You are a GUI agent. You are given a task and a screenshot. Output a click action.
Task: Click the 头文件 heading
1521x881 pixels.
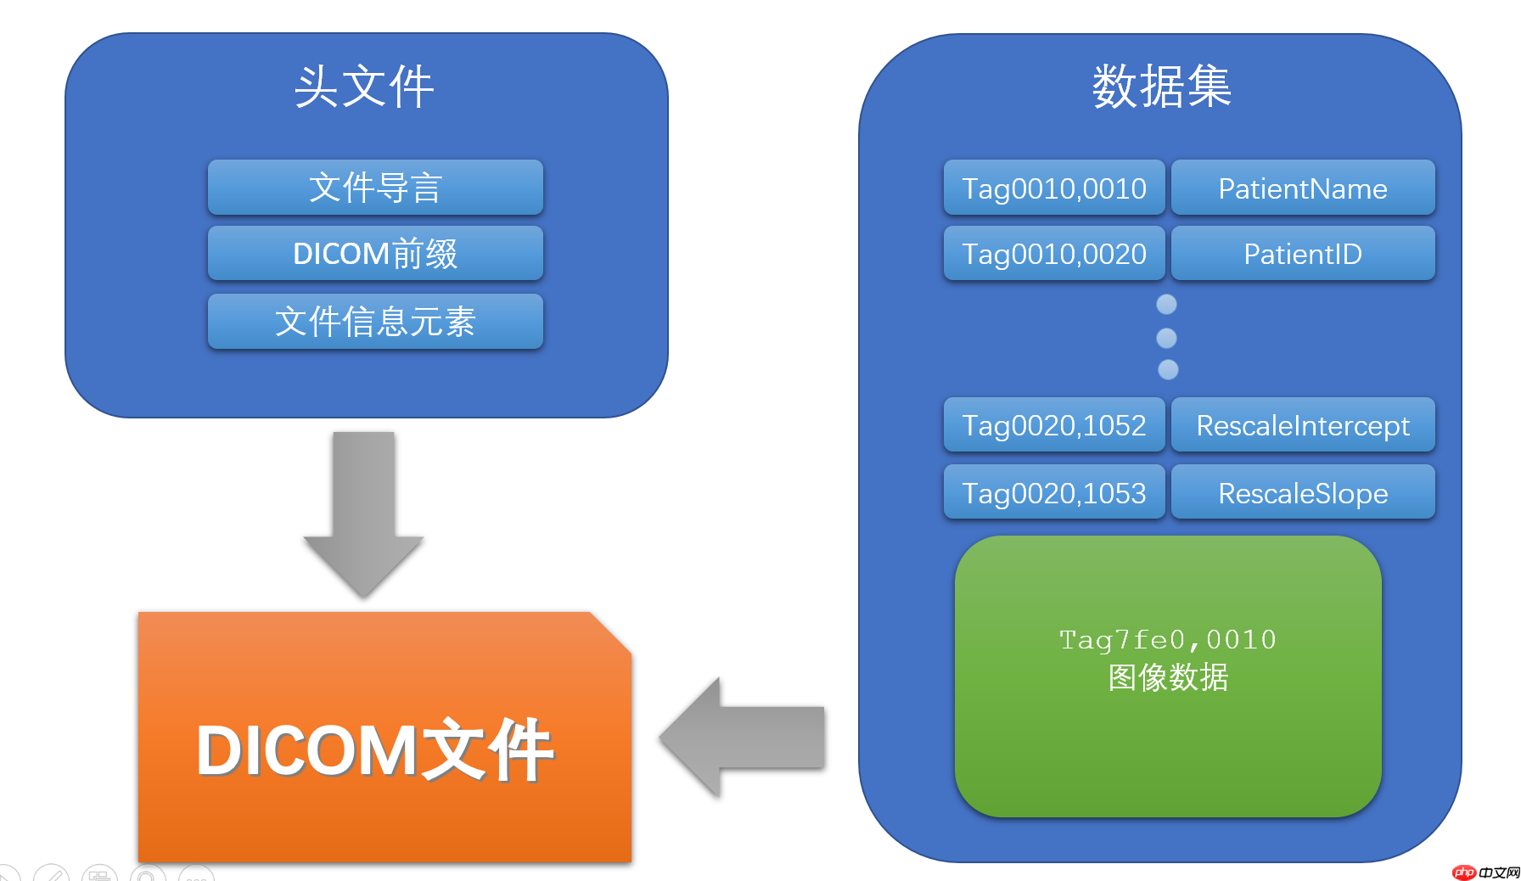[x=364, y=87]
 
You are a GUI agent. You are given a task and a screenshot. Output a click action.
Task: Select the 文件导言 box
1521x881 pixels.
[x=375, y=188]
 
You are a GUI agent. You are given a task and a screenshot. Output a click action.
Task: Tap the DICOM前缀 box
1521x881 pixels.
[x=375, y=254]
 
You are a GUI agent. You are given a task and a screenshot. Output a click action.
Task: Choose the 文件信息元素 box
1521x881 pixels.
[x=375, y=322]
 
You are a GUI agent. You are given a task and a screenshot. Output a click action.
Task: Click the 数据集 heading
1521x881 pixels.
[x=1161, y=87]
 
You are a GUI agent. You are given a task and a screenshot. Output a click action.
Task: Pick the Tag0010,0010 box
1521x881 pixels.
[x=1053, y=188]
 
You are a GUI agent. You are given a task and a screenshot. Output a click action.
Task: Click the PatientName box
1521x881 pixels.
[x=1302, y=188]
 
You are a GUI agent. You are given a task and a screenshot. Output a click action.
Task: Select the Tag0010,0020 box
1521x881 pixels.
[x=1053, y=254]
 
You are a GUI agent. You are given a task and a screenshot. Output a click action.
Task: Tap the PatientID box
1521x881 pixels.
[x=1302, y=254]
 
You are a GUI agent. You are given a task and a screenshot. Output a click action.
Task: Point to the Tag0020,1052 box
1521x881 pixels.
[x=1053, y=425]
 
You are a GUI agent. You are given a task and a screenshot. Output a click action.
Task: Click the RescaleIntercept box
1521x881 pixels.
[x=1302, y=425]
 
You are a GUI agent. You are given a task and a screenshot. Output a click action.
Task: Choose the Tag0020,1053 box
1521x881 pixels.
[x=1053, y=493]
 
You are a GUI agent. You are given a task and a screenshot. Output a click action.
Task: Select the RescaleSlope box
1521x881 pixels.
[x=1302, y=493]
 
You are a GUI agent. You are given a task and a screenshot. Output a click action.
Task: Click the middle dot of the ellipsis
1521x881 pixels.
[x=1167, y=338]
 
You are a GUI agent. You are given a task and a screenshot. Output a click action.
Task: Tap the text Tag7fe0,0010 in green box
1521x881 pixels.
[x=1167, y=640]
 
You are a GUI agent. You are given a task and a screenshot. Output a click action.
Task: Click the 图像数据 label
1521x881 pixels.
[x=1167, y=677]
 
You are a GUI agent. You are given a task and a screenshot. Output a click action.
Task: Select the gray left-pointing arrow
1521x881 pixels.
[x=743, y=737]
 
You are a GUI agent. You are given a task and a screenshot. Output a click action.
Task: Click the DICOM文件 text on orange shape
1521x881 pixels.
[x=374, y=749]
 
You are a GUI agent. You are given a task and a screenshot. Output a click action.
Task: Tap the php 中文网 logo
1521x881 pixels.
[x=1485, y=872]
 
